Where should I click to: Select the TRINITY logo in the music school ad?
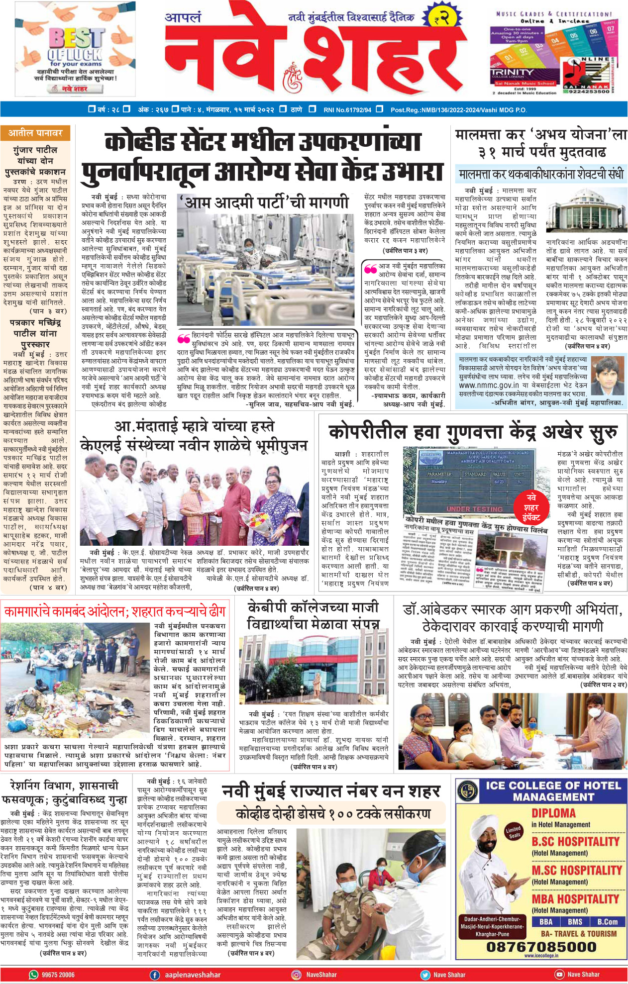(x=512, y=73)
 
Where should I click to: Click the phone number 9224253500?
(x=589, y=92)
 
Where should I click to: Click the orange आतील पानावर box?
(x=35, y=133)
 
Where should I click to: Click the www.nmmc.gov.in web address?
(x=488, y=385)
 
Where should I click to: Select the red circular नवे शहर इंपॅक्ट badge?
(x=531, y=507)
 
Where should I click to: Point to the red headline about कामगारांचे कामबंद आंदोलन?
(x=115, y=611)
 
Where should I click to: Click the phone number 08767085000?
(x=541, y=946)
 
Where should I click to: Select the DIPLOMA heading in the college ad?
(x=553, y=813)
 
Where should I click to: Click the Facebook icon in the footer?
(x=155, y=975)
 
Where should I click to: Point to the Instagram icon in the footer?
(x=296, y=975)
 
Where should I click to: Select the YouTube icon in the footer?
(x=559, y=974)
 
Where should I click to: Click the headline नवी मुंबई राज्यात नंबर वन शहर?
(x=331, y=790)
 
